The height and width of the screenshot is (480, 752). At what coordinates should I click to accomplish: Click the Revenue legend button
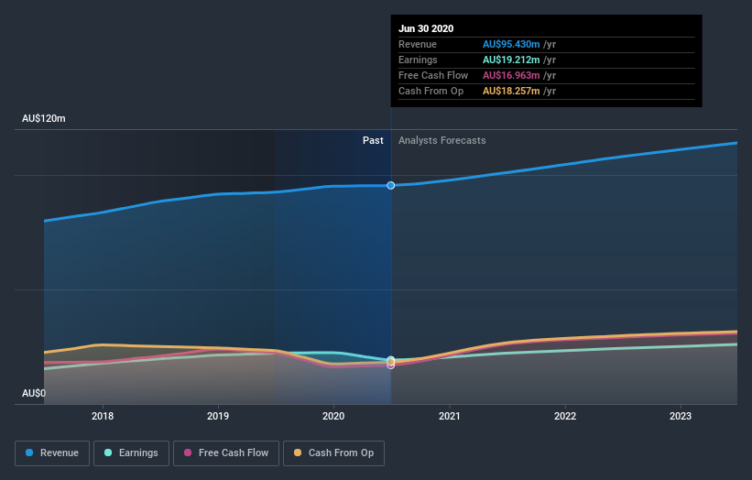click(x=53, y=453)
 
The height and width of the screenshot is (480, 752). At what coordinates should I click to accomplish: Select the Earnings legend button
click(x=132, y=453)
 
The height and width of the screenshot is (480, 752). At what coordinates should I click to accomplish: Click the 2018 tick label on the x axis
click(x=103, y=415)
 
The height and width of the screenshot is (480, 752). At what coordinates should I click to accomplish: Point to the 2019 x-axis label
click(x=218, y=415)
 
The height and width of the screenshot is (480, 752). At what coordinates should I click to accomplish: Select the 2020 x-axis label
click(x=333, y=415)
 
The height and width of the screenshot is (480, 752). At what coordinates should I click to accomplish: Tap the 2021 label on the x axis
click(x=449, y=415)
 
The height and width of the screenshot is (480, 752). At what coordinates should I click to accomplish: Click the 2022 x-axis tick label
click(x=565, y=415)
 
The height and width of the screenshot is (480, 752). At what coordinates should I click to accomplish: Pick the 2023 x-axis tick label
click(x=681, y=415)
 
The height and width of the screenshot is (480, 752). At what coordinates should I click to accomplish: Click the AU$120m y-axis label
click(x=44, y=119)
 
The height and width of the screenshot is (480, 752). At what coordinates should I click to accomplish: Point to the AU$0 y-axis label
click(x=35, y=393)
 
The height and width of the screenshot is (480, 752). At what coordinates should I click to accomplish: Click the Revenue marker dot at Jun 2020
click(x=391, y=185)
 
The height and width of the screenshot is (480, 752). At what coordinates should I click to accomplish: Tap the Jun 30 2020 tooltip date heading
click(x=426, y=28)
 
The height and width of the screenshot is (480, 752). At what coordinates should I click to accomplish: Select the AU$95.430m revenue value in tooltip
click(x=516, y=44)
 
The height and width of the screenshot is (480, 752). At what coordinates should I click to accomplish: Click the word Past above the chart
click(x=373, y=140)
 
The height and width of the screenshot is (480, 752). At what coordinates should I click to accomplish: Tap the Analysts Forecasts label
click(x=442, y=140)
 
